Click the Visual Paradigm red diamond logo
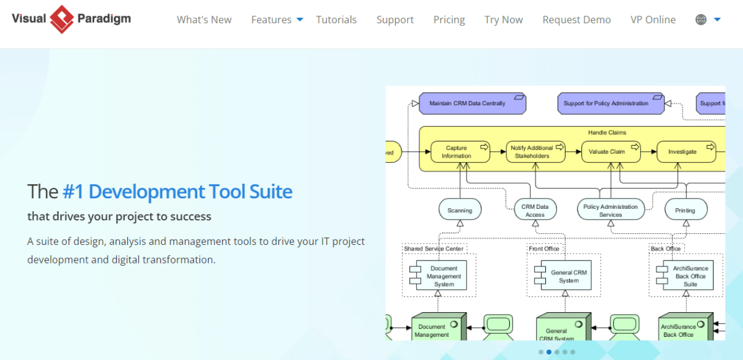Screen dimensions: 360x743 pyautogui.click(x=62, y=19)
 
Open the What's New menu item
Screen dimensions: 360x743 pyautogui.click(x=204, y=20)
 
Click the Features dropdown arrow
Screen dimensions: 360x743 pyautogui.click(x=300, y=20)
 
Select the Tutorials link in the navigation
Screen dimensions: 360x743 pyautogui.click(x=337, y=20)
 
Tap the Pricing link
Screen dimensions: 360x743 pyautogui.click(x=449, y=20)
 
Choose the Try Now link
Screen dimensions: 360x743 pyautogui.click(x=503, y=20)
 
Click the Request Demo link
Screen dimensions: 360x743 pyautogui.click(x=576, y=20)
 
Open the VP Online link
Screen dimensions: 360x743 pyautogui.click(x=653, y=20)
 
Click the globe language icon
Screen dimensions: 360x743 pyautogui.click(x=701, y=20)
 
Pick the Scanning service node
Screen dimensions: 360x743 pyautogui.click(x=460, y=210)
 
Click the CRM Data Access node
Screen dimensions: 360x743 pyautogui.click(x=535, y=210)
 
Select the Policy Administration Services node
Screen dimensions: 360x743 pyautogui.click(x=610, y=210)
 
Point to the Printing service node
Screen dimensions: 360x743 pyautogui.click(x=685, y=210)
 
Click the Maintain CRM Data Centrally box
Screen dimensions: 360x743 pyautogui.click(x=472, y=104)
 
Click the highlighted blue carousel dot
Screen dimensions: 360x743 pyautogui.click(x=549, y=352)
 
